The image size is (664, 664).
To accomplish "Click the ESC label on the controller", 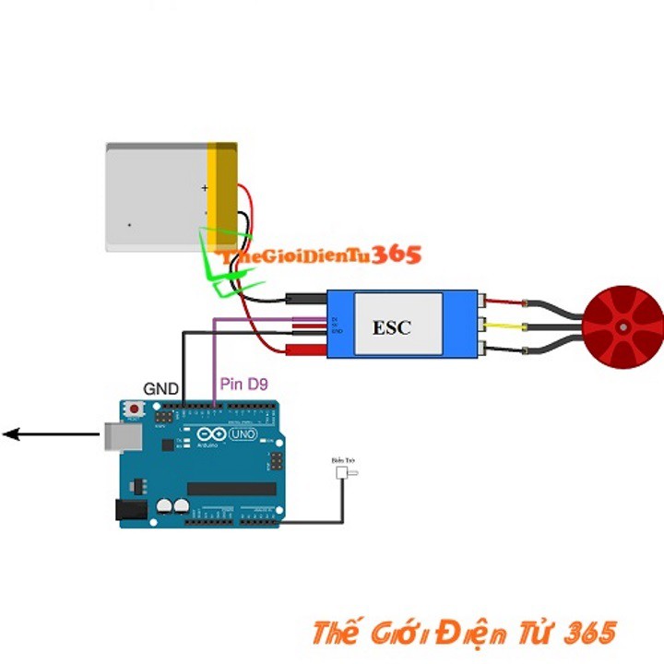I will pos(391,327).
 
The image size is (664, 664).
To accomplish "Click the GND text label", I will pos(161,388).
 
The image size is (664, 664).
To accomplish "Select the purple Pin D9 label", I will pos(243,384).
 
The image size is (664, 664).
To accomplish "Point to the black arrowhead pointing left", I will pos(11,433).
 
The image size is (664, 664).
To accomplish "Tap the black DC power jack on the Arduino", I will pos(131,510).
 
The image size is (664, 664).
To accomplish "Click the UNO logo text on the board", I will pos(243,434).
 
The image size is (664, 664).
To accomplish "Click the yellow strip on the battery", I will pos(222,196).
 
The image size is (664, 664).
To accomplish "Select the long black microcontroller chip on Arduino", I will pos(231,488).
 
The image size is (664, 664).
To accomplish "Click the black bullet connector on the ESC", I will pos(305,298).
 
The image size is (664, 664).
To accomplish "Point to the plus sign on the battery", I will pos(205,188).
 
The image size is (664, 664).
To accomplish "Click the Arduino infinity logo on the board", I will pos(209,434).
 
